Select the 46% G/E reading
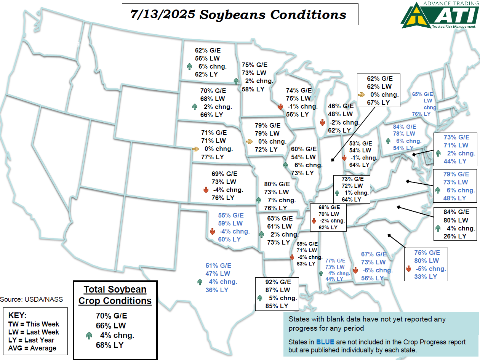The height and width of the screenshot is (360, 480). point(341,106)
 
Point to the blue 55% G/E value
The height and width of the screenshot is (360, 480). point(230,215)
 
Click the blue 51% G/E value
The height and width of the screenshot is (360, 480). point(218,266)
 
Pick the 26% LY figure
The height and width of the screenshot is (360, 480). point(455,236)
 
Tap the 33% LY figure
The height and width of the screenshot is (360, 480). point(426,277)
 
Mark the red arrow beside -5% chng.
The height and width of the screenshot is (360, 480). point(408,269)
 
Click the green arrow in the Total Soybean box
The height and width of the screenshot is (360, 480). point(90,336)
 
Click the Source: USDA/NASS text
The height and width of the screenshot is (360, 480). point(32,299)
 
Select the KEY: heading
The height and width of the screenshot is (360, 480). point(18,316)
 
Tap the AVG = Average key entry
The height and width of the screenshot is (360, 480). point(32,348)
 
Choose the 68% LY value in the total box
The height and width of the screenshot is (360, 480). point(110,345)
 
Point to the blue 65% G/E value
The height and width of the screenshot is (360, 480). point(423,94)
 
